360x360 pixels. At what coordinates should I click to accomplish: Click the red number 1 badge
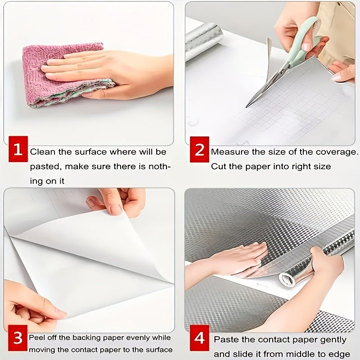click(x=18, y=149)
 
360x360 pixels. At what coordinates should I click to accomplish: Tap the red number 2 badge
click(x=199, y=149)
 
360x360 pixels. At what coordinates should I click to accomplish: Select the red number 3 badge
click(x=18, y=338)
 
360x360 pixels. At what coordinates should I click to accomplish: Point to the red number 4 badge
click(x=199, y=338)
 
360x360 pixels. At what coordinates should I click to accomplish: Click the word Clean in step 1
click(x=43, y=152)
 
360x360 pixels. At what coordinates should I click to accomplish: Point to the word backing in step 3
click(x=87, y=338)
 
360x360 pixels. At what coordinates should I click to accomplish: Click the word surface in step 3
click(x=159, y=350)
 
